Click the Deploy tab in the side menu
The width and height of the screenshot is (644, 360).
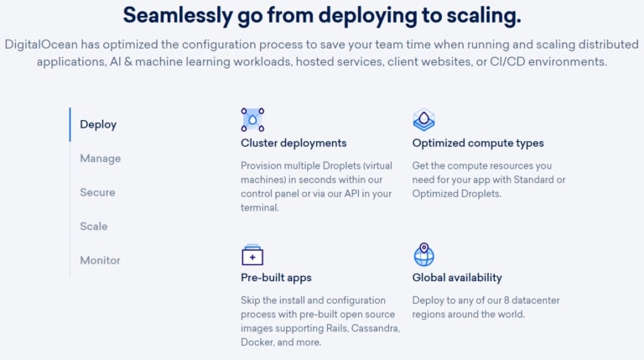[x=98, y=124]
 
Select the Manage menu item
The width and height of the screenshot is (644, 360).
[x=101, y=159]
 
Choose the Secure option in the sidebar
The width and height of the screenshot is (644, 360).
[x=97, y=192]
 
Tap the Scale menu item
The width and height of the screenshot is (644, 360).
[x=94, y=227]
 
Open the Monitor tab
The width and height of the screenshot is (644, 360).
[x=101, y=260]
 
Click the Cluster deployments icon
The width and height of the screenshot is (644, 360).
[x=252, y=120]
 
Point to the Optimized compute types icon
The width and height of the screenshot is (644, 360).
[x=423, y=120]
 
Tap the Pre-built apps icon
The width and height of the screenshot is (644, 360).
[x=252, y=255]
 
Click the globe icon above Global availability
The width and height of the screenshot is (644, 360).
[x=423, y=255]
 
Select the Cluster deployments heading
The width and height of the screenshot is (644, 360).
[x=293, y=143]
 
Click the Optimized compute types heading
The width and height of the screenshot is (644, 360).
[x=478, y=143]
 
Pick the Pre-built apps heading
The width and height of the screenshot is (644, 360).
[x=276, y=278]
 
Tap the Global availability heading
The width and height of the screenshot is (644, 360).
[x=457, y=278]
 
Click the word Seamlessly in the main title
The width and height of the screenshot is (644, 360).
[x=178, y=16]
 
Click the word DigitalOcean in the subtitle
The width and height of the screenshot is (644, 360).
[x=41, y=44]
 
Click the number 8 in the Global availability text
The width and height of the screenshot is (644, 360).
[x=506, y=300]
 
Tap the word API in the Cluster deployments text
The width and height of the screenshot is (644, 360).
[x=351, y=194]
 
